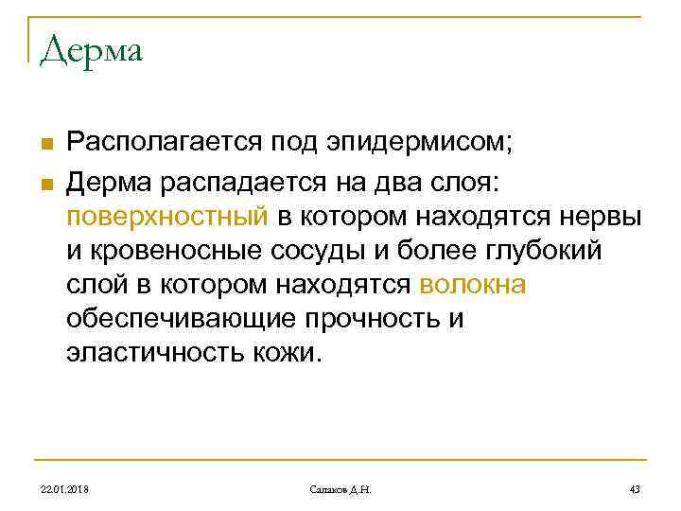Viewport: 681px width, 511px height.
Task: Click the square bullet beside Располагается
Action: (x=45, y=145)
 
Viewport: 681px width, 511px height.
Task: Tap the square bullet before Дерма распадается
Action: (x=45, y=179)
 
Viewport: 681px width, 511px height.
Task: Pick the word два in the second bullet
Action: (x=365, y=179)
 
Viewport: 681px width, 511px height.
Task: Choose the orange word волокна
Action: (x=472, y=284)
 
